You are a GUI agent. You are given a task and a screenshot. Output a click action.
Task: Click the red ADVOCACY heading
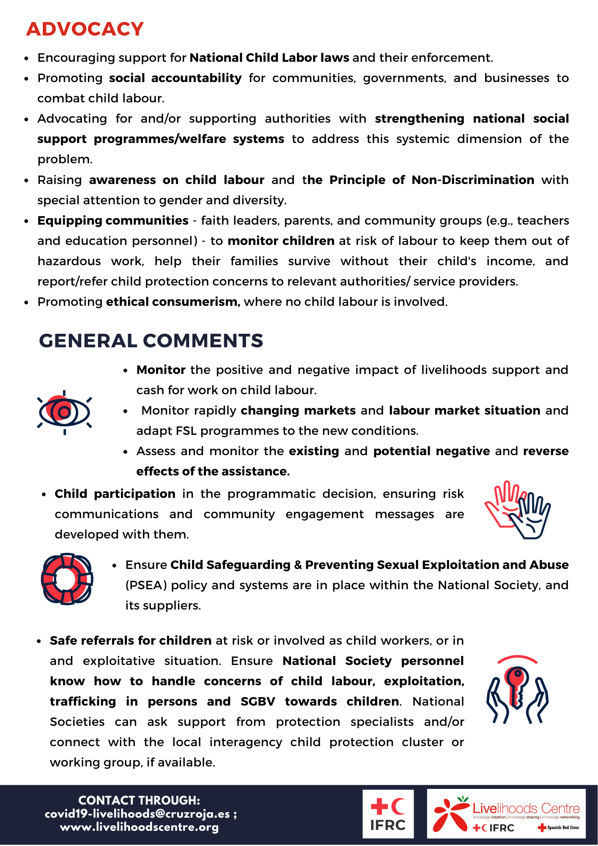85,29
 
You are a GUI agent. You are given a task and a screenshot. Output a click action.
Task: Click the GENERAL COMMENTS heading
151,341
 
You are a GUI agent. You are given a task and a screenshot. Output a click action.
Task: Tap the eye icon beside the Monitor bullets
64,412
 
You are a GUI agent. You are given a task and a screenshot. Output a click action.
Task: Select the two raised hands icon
517,510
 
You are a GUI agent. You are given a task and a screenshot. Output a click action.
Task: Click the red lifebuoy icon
67,579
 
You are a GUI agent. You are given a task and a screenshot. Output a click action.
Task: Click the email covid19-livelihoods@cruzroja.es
137,814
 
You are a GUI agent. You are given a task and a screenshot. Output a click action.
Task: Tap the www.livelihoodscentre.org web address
140,827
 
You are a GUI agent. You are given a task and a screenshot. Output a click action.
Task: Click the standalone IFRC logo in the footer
388,814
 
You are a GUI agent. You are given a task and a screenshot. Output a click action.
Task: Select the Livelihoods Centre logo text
526,809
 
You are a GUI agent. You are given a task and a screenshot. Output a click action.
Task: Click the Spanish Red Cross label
562,827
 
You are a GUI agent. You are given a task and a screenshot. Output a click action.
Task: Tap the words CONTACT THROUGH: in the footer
139,800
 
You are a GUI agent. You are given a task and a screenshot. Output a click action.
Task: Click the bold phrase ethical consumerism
173,302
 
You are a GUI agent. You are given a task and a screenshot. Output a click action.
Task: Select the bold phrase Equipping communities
113,221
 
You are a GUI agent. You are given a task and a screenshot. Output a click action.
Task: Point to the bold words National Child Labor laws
269,58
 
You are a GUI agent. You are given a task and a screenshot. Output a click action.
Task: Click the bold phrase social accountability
176,78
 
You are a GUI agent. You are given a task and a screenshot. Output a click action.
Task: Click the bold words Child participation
115,494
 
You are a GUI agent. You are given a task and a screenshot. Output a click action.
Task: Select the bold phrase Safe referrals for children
131,641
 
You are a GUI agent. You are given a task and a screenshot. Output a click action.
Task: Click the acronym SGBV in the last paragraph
258,702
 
